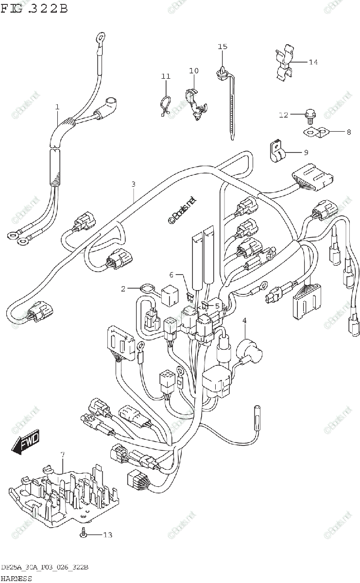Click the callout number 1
coord(57,106)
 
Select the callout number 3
coord(133,184)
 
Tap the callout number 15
coord(222,47)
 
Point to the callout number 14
coord(313,62)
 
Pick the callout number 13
coord(107,535)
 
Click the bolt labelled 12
coord(309,115)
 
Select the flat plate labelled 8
coord(316,131)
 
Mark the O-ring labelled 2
coord(144,289)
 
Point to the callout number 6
coord(171,275)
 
